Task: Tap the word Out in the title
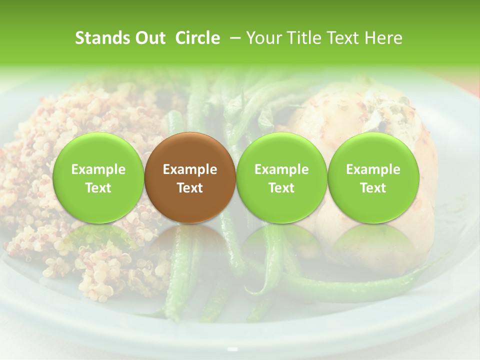click(x=148, y=38)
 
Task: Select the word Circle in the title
click(x=197, y=38)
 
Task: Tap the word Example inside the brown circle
click(x=189, y=169)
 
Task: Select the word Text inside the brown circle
click(x=189, y=188)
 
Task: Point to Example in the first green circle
click(x=98, y=169)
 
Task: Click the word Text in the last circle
click(x=373, y=188)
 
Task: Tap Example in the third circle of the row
click(x=281, y=169)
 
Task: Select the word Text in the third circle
click(x=281, y=188)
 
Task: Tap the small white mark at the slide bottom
click(x=232, y=348)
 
